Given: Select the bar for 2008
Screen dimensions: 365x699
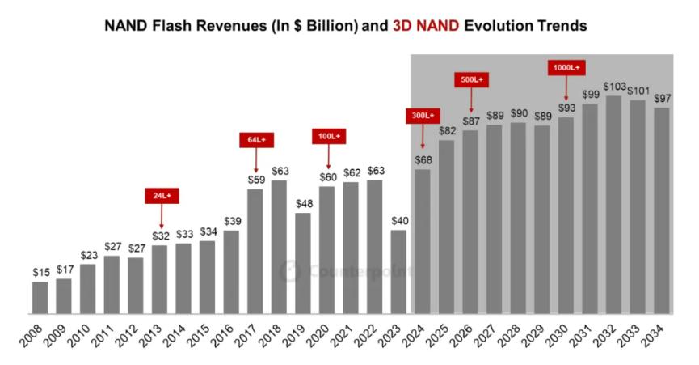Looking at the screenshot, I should [40, 297].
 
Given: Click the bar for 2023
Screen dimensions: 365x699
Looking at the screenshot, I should [398, 272].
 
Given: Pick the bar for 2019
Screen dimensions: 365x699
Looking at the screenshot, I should [303, 263].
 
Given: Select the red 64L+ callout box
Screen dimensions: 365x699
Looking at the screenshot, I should [255, 140].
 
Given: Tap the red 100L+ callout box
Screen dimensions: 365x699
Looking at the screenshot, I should [327, 137].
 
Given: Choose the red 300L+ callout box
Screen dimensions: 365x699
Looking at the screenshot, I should [423, 116].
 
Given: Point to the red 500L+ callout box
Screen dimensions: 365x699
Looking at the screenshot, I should [470, 80].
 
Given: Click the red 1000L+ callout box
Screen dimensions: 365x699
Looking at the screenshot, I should [566, 67].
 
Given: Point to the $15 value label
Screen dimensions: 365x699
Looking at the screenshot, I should [40, 273].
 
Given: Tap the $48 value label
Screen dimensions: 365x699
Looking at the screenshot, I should [303, 203].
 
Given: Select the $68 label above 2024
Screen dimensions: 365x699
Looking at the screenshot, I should [423, 159].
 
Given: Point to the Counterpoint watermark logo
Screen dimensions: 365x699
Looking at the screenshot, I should [289, 272].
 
